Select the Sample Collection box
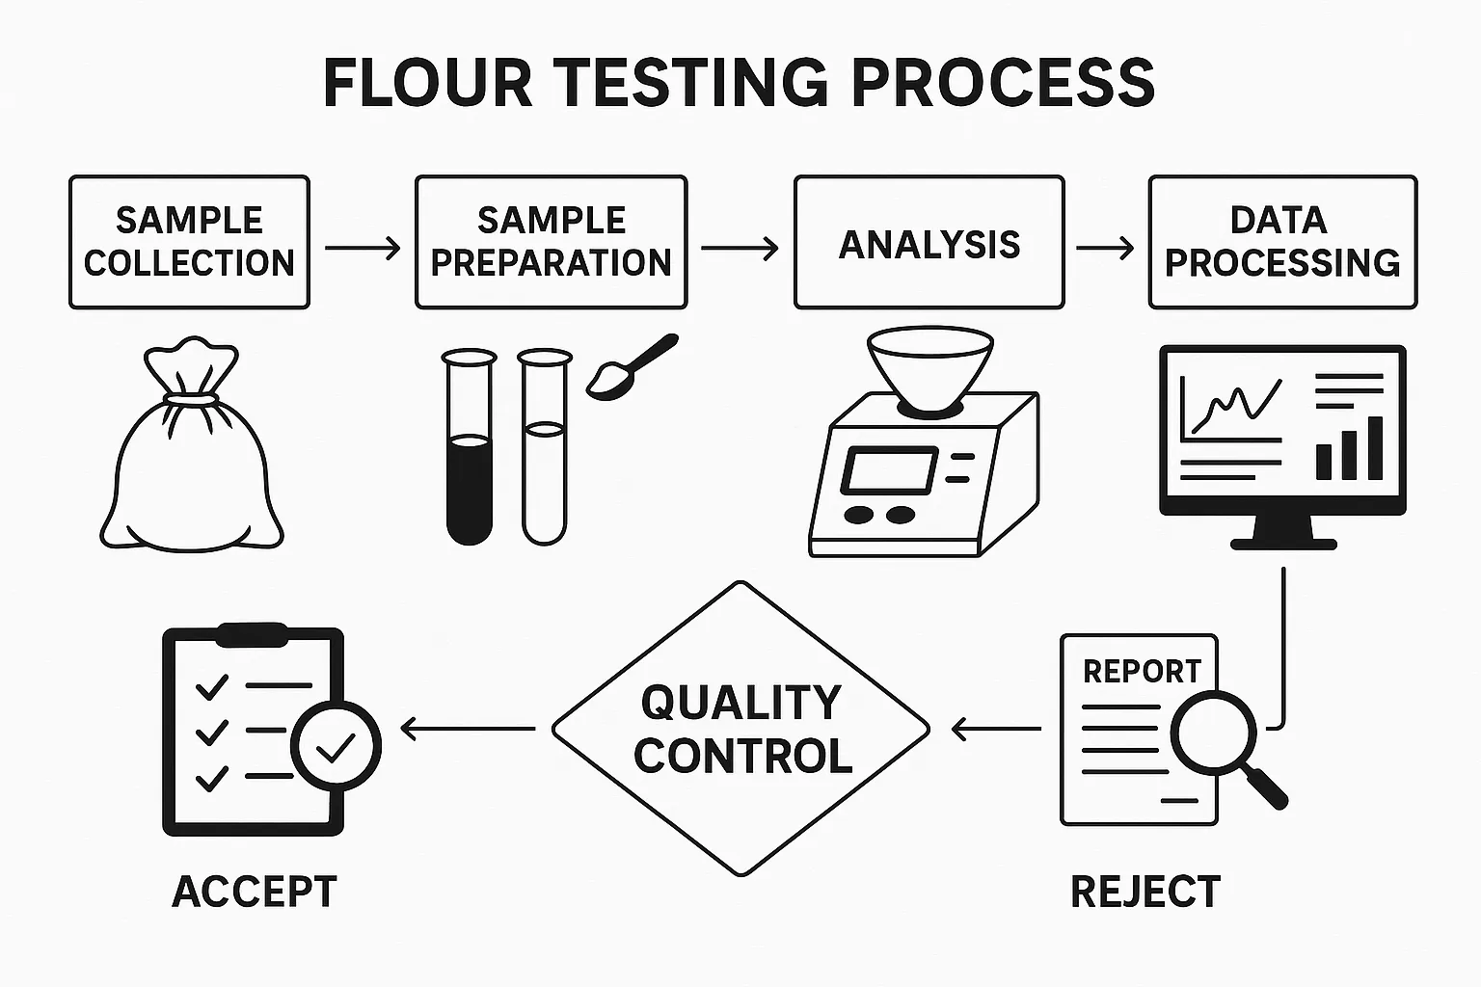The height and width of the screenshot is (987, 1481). [x=189, y=242]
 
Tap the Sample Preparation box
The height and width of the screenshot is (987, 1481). [x=551, y=242]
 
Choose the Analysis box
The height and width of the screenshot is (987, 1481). [x=929, y=242]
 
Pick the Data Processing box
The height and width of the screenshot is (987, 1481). [x=1282, y=242]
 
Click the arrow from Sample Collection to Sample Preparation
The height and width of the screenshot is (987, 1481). [x=363, y=249]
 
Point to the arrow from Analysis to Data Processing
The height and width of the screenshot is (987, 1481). [x=1105, y=249]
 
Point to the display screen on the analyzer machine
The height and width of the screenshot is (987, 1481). [x=888, y=470]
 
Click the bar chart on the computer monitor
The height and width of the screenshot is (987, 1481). [x=1349, y=449]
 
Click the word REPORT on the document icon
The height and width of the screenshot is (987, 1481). [x=1142, y=671]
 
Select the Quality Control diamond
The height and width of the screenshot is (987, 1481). [x=740, y=729]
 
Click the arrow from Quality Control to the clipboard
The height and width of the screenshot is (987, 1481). [x=468, y=729]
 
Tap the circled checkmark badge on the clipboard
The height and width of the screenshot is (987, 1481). [x=336, y=746]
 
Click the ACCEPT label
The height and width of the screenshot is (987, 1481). [x=255, y=892]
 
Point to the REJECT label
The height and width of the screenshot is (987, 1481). [x=1145, y=892]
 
